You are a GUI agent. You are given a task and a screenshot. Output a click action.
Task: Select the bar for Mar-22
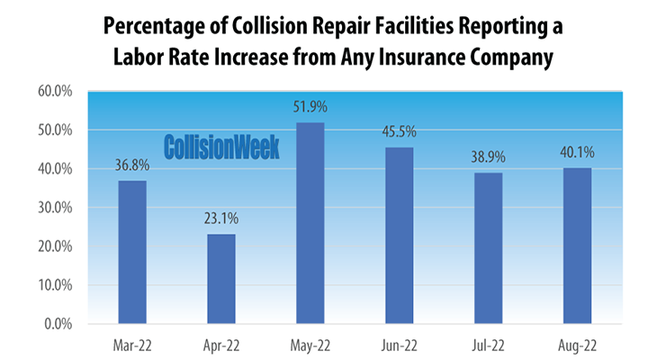coord(132,252)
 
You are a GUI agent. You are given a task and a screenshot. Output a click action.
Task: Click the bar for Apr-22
coord(221,279)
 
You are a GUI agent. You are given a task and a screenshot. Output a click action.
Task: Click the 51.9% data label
coord(310,107)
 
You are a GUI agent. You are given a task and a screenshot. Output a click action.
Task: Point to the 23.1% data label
coord(221,219)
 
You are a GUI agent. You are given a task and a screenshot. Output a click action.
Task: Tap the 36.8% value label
coord(132,166)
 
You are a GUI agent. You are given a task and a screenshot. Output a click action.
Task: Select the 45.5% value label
coord(400,132)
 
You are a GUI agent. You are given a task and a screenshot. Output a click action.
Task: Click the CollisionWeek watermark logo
coord(221,147)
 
